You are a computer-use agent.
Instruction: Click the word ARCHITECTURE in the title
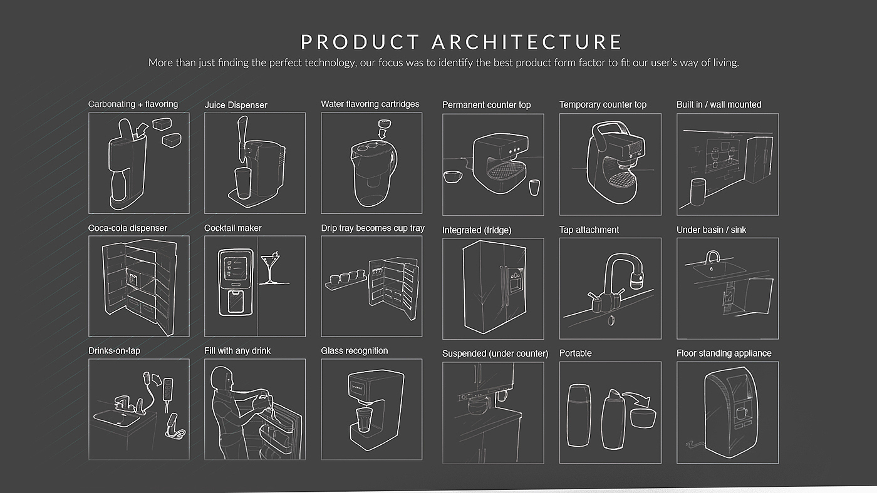(527, 42)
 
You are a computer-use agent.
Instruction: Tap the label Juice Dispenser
(236, 105)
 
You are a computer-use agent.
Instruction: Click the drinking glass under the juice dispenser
(243, 183)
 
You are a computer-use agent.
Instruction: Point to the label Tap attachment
(589, 230)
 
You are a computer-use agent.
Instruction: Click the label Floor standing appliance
(724, 353)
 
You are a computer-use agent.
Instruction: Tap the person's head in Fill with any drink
(221, 377)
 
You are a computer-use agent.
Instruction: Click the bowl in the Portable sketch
(643, 417)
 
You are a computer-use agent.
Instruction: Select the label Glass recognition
(355, 351)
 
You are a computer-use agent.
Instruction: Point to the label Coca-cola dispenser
(128, 228)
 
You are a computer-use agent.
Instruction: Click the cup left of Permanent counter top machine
(452, 176)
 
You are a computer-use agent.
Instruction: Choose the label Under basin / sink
(712, 230)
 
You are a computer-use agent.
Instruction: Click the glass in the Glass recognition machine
(364, 420)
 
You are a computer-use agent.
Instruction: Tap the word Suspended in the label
(464, 354)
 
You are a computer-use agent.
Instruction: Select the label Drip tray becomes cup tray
(373, 228)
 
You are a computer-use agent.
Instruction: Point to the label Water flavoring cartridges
(370, 104)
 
